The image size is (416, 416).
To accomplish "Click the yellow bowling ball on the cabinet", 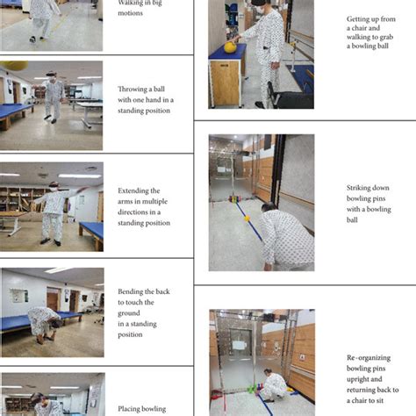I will pyautogui.click(x=230, y=47).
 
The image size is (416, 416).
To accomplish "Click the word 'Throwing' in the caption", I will pyautogui.click(x=133, y=89).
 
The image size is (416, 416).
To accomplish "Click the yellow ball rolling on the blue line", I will pyautogui.click(x=247, y=218).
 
